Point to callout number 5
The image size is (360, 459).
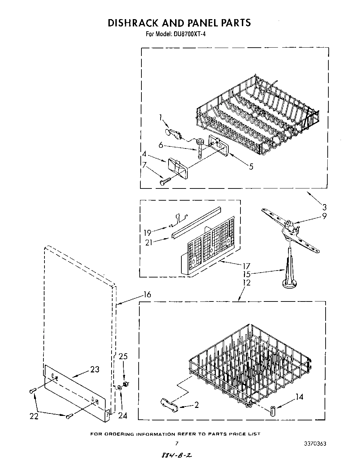pos(251,167)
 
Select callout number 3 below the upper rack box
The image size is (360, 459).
pos(324,208)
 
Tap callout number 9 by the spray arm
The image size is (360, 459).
pos(324,216)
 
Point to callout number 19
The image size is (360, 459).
pos(147,233)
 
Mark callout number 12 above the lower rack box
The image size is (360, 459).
pos(246,283)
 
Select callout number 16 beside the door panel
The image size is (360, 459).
pos(147,295)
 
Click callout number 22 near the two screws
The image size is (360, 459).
pos(34,416)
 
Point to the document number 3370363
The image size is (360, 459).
pos(315,444)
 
